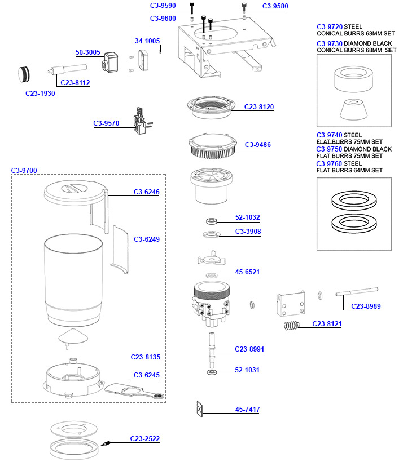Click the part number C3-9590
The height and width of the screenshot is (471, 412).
click(163, 6)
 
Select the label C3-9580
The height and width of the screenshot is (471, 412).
click(275, 6)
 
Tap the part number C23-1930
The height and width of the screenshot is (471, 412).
click(40, 94)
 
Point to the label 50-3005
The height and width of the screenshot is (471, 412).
click(88, 52)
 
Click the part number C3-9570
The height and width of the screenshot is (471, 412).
click(106, 123)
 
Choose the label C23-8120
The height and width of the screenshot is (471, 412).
click(258, 107)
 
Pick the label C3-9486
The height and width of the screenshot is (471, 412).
click(257, 145)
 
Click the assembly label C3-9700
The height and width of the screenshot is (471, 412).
click(24, 170)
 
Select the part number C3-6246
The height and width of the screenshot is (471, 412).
click(146, 192)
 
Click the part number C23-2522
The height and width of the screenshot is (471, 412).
click(145, 439)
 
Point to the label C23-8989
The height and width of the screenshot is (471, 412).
click(366, 306)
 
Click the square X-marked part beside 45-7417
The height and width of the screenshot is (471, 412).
click(199, 410)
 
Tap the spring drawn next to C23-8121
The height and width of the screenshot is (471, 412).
click(290, 325)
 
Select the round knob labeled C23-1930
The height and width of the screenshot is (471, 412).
click(24, 74)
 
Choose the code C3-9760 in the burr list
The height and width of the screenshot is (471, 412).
click(330, 163)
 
